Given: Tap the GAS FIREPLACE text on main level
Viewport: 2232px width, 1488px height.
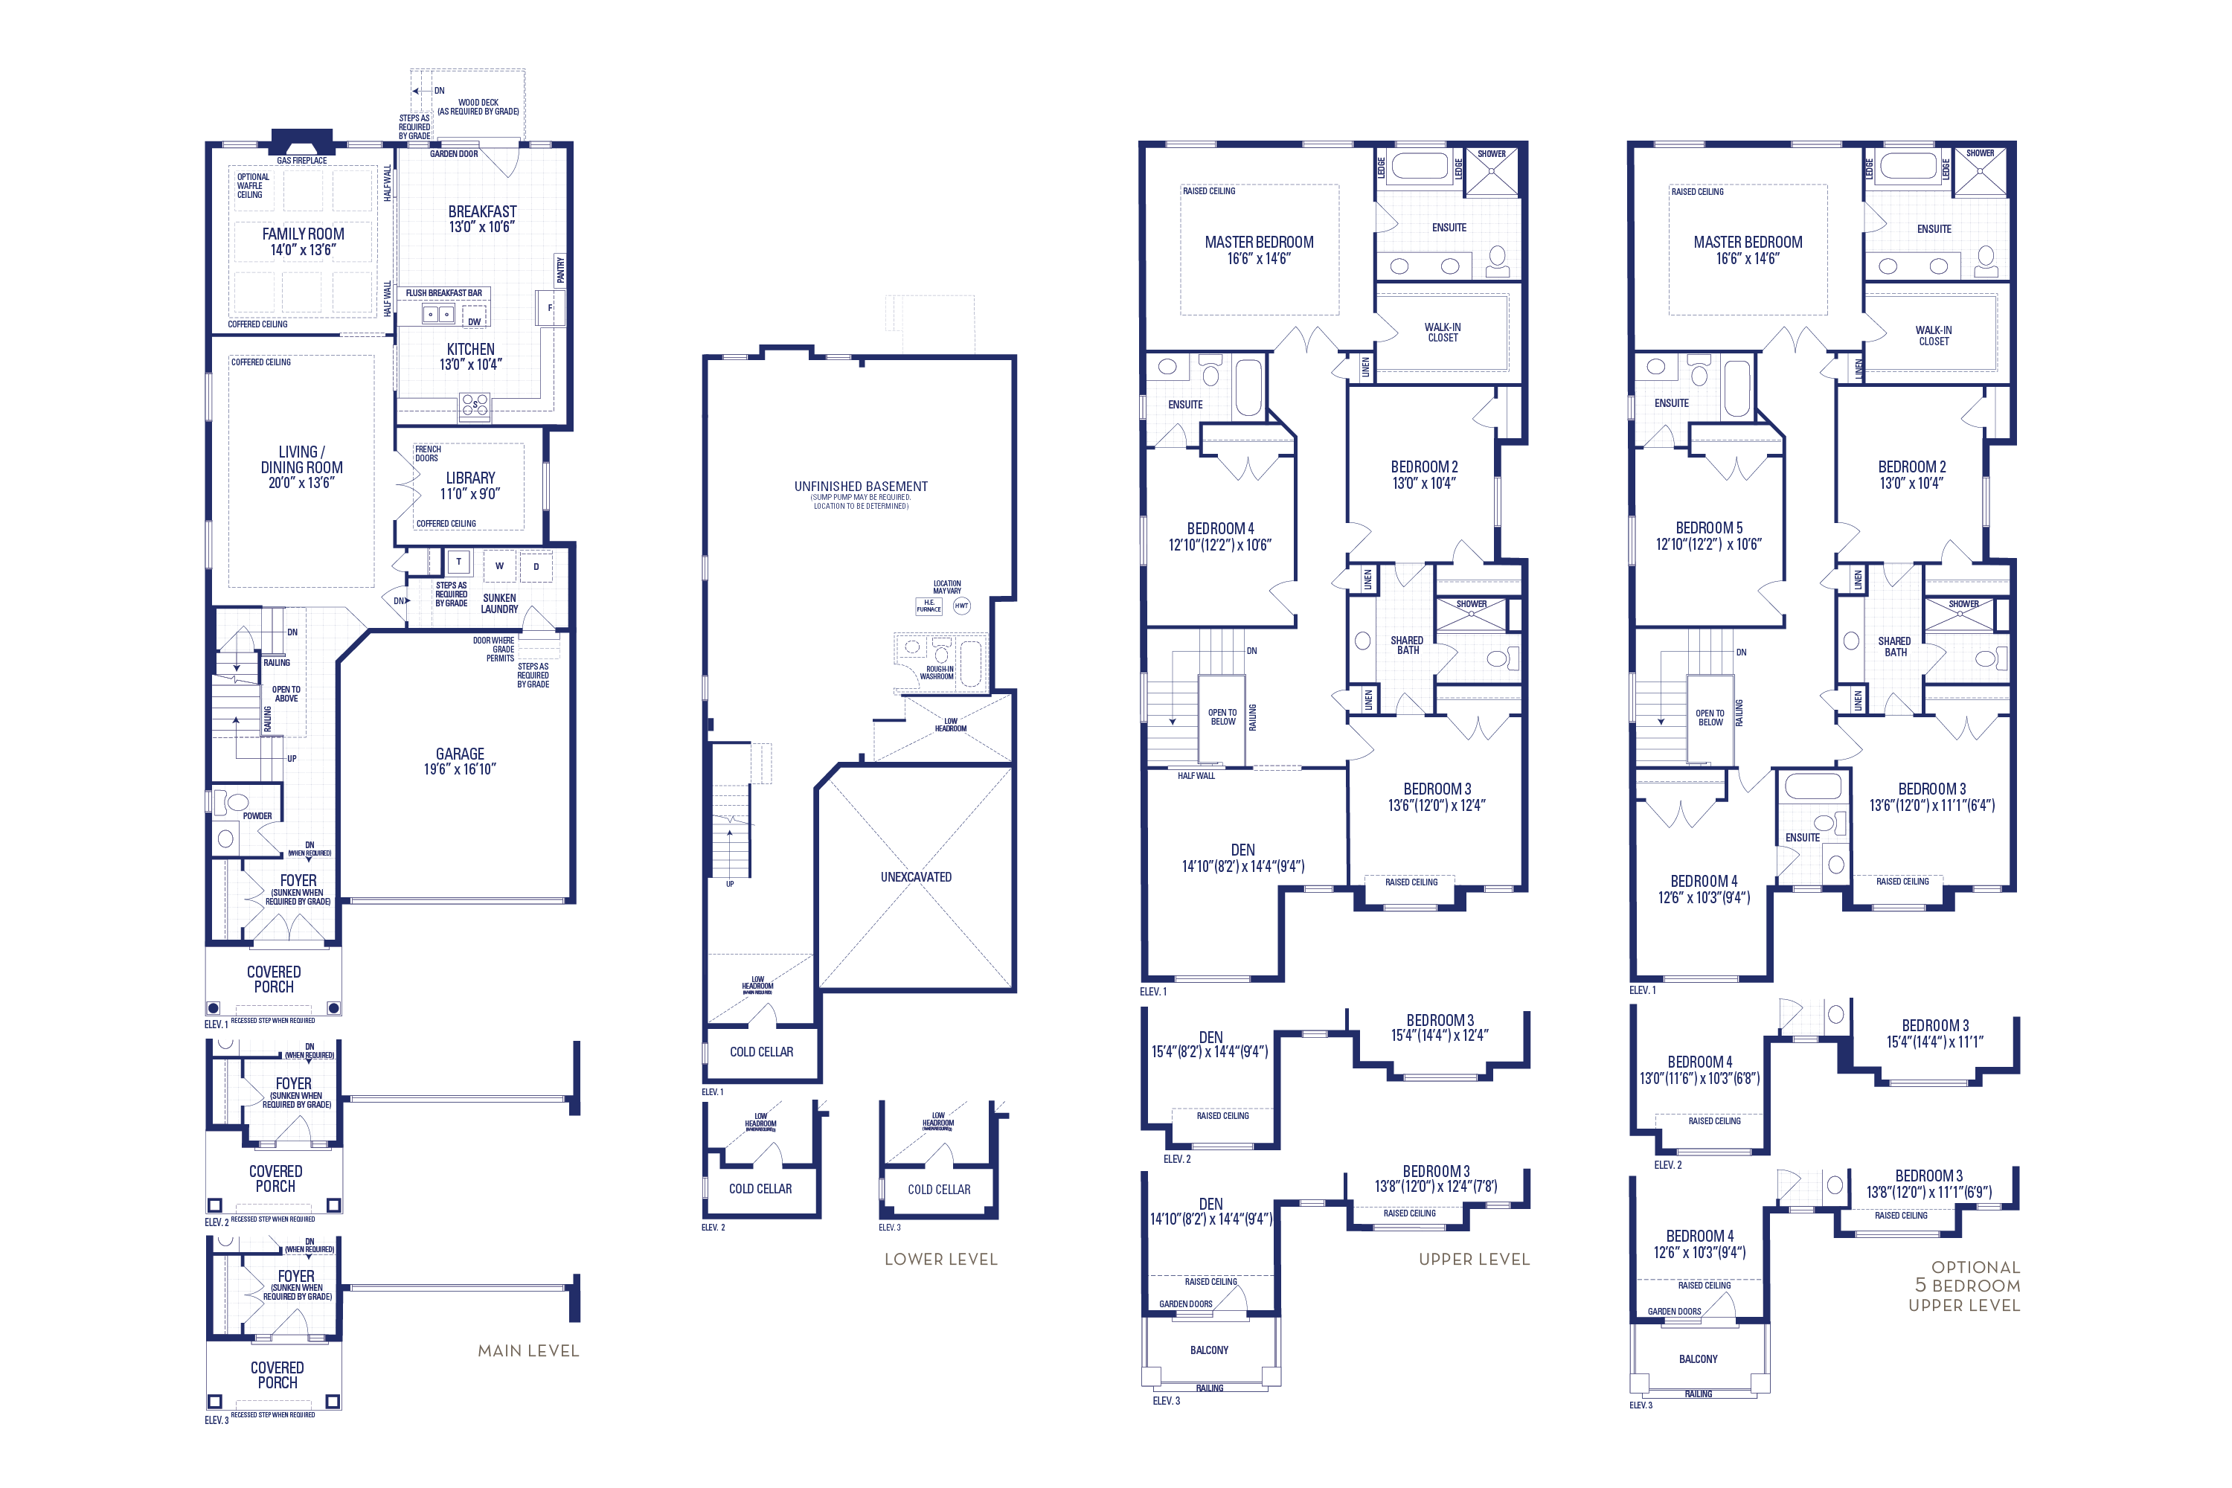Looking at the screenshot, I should [x=302, y=161].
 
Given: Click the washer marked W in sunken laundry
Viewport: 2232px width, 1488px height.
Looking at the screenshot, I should [x=499, y=566].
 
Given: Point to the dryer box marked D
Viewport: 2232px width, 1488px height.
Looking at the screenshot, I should [x=536, y=566].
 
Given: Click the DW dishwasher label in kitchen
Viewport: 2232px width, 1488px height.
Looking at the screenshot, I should [x=473, y=321].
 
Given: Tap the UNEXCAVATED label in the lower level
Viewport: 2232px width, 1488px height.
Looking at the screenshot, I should [x=916, y=877].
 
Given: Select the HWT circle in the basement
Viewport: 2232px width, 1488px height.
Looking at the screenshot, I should [x=961, y=606].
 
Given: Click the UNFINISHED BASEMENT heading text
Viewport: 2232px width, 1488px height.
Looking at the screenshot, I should [x=861, y=486].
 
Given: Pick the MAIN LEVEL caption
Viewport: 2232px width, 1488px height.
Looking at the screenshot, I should [x=527, y=1350].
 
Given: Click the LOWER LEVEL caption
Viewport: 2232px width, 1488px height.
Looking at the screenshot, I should [x=940, y=1260].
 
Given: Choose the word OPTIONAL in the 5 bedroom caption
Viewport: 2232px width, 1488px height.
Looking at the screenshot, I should [x=1976, y=1267].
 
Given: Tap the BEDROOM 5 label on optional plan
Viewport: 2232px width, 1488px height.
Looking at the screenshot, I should [x=1708, y=527].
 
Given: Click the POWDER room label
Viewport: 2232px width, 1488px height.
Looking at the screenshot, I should [x=257, y=816].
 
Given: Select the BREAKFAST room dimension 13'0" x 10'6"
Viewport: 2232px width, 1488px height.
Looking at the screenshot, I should [x=481, y=228].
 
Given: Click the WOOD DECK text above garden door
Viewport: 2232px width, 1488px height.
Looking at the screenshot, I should [x=478, y=103].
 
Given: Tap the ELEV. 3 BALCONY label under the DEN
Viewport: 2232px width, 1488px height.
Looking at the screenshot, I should [x=1209, y=1350].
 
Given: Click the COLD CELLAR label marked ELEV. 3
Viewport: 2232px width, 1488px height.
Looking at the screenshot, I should [x=938, y=1189].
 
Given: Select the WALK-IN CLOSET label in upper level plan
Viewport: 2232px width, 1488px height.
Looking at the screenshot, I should [x=1443, y=332].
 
